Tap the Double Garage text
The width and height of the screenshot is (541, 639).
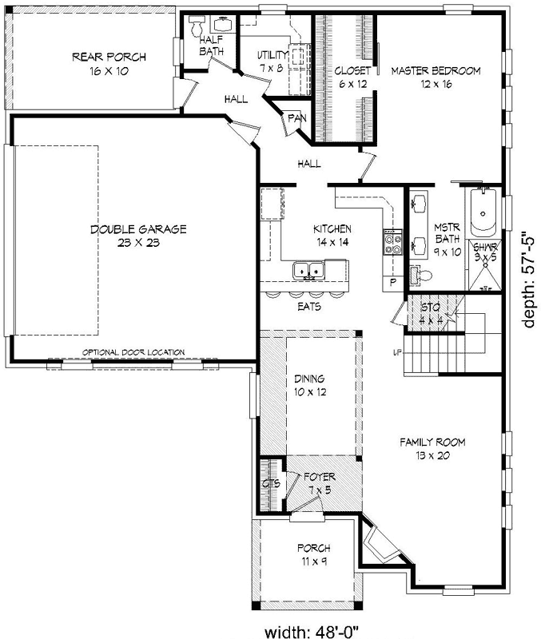(138, 236)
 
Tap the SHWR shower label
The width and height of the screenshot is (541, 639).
(485, 252)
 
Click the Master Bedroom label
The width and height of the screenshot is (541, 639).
(435, 77)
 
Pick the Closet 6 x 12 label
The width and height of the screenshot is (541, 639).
(352, 77)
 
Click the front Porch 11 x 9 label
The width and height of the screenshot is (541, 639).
(313, 554)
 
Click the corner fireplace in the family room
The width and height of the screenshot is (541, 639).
(378, 549)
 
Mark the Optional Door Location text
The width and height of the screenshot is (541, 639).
(133, 351)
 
